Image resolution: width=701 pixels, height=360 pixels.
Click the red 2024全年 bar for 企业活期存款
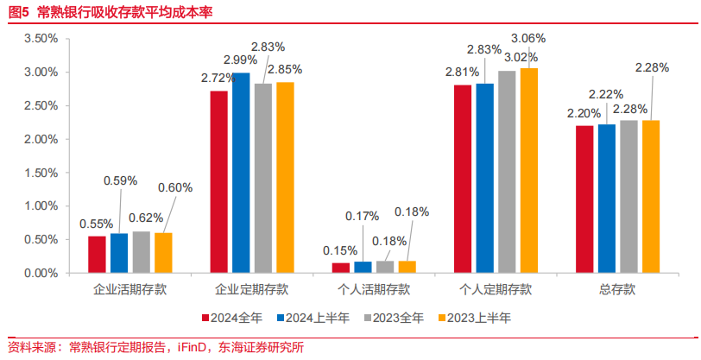[97, 255]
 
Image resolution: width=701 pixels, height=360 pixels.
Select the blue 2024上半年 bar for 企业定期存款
[241, 173]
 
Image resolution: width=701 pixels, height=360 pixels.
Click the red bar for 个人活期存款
[341, 268]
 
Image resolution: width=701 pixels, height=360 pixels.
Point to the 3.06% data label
[528, 38]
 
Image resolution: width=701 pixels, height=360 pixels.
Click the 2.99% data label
[241, 60]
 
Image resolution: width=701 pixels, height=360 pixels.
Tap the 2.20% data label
[582, 112]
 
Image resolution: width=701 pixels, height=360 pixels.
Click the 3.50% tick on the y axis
[41, 39]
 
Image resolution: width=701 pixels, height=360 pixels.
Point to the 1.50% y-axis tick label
[41, 173]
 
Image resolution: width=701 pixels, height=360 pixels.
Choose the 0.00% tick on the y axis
[41, 273]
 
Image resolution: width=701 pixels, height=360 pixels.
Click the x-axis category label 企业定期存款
[252, 290]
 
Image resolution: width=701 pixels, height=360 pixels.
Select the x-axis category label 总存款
[618, 290]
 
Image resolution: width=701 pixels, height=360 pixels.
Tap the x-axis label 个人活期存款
[374, 290]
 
